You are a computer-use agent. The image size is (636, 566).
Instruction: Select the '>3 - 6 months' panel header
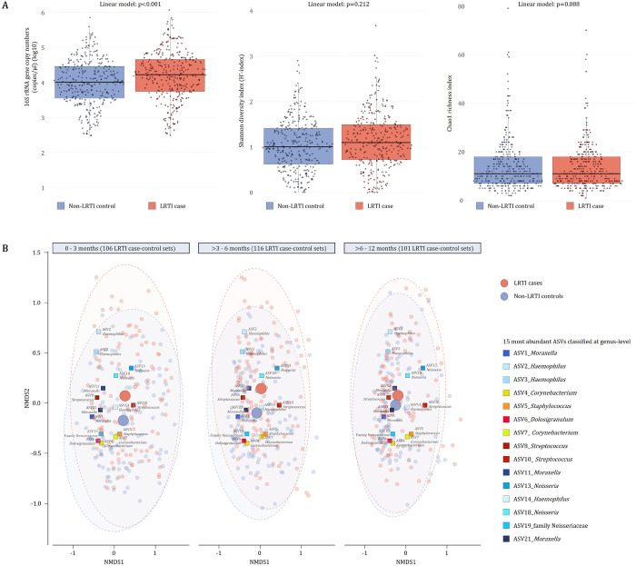pos(260,248)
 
